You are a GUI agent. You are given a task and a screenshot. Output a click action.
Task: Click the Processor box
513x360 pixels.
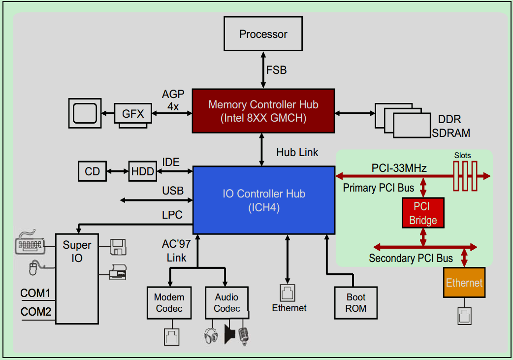pos(263,34)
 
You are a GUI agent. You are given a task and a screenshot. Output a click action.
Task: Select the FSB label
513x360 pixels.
pos(276,70)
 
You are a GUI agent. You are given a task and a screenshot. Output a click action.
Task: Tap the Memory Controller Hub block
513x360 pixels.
pos(263,111)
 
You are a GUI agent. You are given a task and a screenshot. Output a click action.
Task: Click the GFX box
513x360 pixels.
pos(132,114)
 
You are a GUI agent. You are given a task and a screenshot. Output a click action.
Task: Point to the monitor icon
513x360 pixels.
pos(85,113)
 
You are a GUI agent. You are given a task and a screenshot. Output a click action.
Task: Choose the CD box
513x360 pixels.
pos(92,171)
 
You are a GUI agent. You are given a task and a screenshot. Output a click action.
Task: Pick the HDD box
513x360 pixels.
pos(142,171)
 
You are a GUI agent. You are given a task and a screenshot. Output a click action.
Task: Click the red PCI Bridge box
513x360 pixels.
pos(422,213)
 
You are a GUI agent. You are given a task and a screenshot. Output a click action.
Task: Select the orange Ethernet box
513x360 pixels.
pos(464,283)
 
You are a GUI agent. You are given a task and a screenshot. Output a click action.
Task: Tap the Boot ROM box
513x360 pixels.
pos(355,303)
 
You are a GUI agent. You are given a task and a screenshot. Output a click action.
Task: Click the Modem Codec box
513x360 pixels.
pos(169,303)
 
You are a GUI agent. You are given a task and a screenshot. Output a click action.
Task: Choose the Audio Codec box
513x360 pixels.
pos(226,303)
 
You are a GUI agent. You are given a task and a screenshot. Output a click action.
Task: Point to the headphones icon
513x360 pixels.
pos(211,336)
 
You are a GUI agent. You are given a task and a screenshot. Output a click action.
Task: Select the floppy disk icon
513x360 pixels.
pos(118,247)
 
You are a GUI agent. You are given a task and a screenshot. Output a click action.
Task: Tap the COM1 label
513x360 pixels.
pos(35,294)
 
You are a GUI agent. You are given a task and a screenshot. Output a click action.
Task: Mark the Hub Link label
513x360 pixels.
pos(297,152)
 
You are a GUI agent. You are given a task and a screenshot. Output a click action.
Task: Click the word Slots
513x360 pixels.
pos(462,156)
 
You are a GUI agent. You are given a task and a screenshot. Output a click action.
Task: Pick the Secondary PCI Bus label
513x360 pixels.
pos(411,258)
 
